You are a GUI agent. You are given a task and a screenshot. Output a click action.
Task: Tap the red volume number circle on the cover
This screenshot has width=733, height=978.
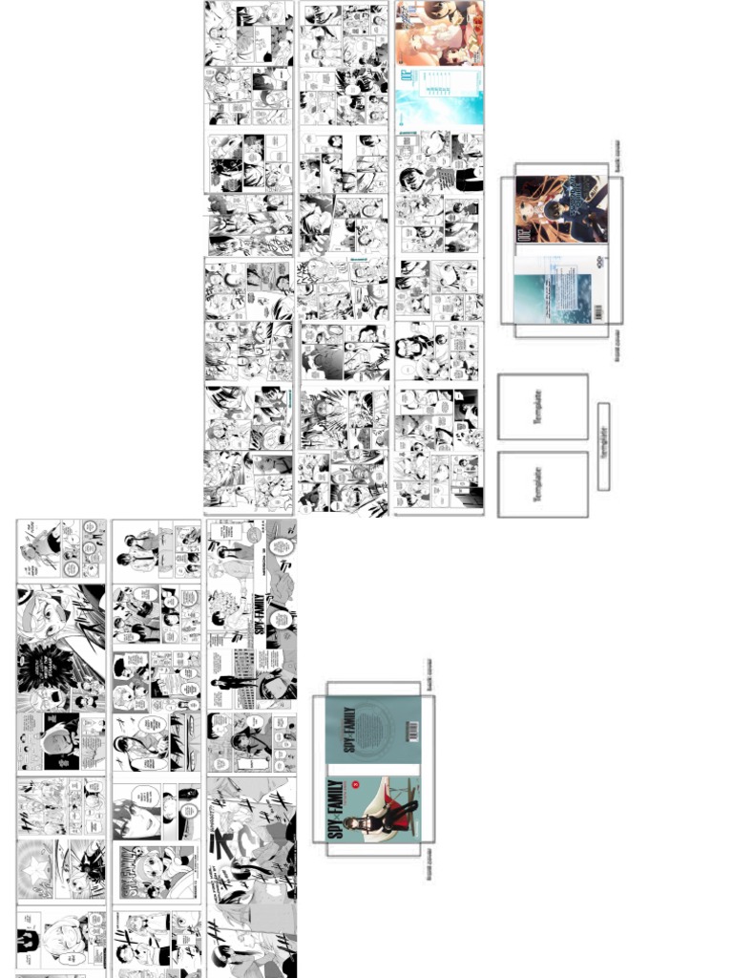[356, 785]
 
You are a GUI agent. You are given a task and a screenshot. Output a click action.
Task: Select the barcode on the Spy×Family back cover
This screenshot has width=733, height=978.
[412, 731]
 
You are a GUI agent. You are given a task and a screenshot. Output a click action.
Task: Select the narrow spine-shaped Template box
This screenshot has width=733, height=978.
[603, 446]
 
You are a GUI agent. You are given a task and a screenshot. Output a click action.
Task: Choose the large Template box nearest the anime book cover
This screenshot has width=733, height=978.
[542, 407]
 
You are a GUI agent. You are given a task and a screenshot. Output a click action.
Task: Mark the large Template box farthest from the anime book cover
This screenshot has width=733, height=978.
[542, 484]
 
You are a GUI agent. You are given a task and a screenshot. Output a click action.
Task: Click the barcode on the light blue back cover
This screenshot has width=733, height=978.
[598, 312]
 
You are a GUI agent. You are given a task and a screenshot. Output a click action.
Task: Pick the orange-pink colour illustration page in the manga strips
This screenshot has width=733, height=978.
[439, 32]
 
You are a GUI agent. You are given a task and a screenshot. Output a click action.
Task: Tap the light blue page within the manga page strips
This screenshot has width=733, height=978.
[439, 96]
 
